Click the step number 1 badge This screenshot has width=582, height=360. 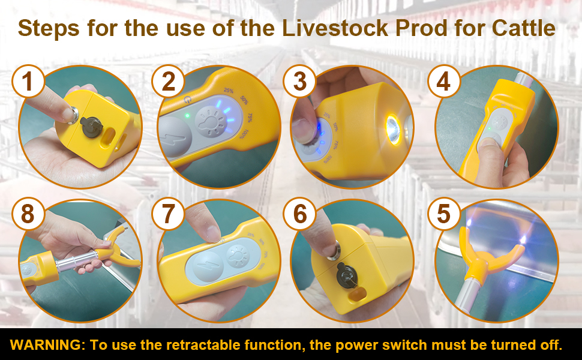tap(29, 82)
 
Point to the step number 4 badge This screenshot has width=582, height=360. tap(443, 82)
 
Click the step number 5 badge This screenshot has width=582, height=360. tap(443, 214)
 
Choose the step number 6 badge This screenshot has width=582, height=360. tap(299, 214)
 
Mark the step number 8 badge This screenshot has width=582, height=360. tap(29, 214)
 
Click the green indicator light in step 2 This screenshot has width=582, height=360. tap(188, 116)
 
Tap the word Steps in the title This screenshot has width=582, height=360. tap(50, 28)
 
